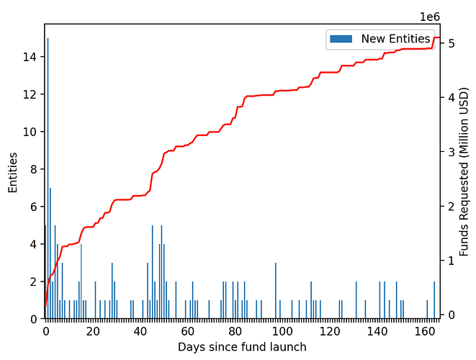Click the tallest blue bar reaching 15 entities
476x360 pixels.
(x=48, y=180)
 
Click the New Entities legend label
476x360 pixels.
(x=395, y=38)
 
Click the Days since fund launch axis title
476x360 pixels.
(x=242, y=347)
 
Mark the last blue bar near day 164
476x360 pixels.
(x=434, y=300)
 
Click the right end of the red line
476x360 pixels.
(x=439, y=37)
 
